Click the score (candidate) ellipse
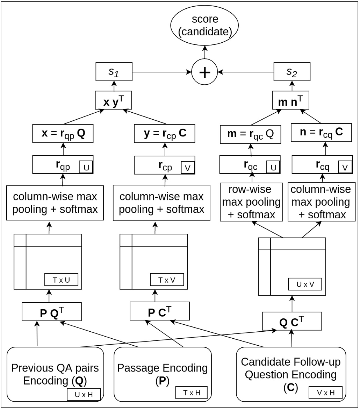point(204,26)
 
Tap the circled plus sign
point(204,72)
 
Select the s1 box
point(114,72)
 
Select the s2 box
point(292,72)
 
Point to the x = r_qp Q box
point(63,134)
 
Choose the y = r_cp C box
point(165,134)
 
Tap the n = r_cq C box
point(321,133)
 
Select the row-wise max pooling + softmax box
point(251,202)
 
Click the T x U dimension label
point(61,280)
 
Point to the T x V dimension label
point(167,279)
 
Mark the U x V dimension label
point(305,284)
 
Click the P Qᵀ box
point(52,311)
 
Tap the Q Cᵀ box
point(292,321)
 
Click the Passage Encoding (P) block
point(163,374)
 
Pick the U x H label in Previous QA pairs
point(84,394)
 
